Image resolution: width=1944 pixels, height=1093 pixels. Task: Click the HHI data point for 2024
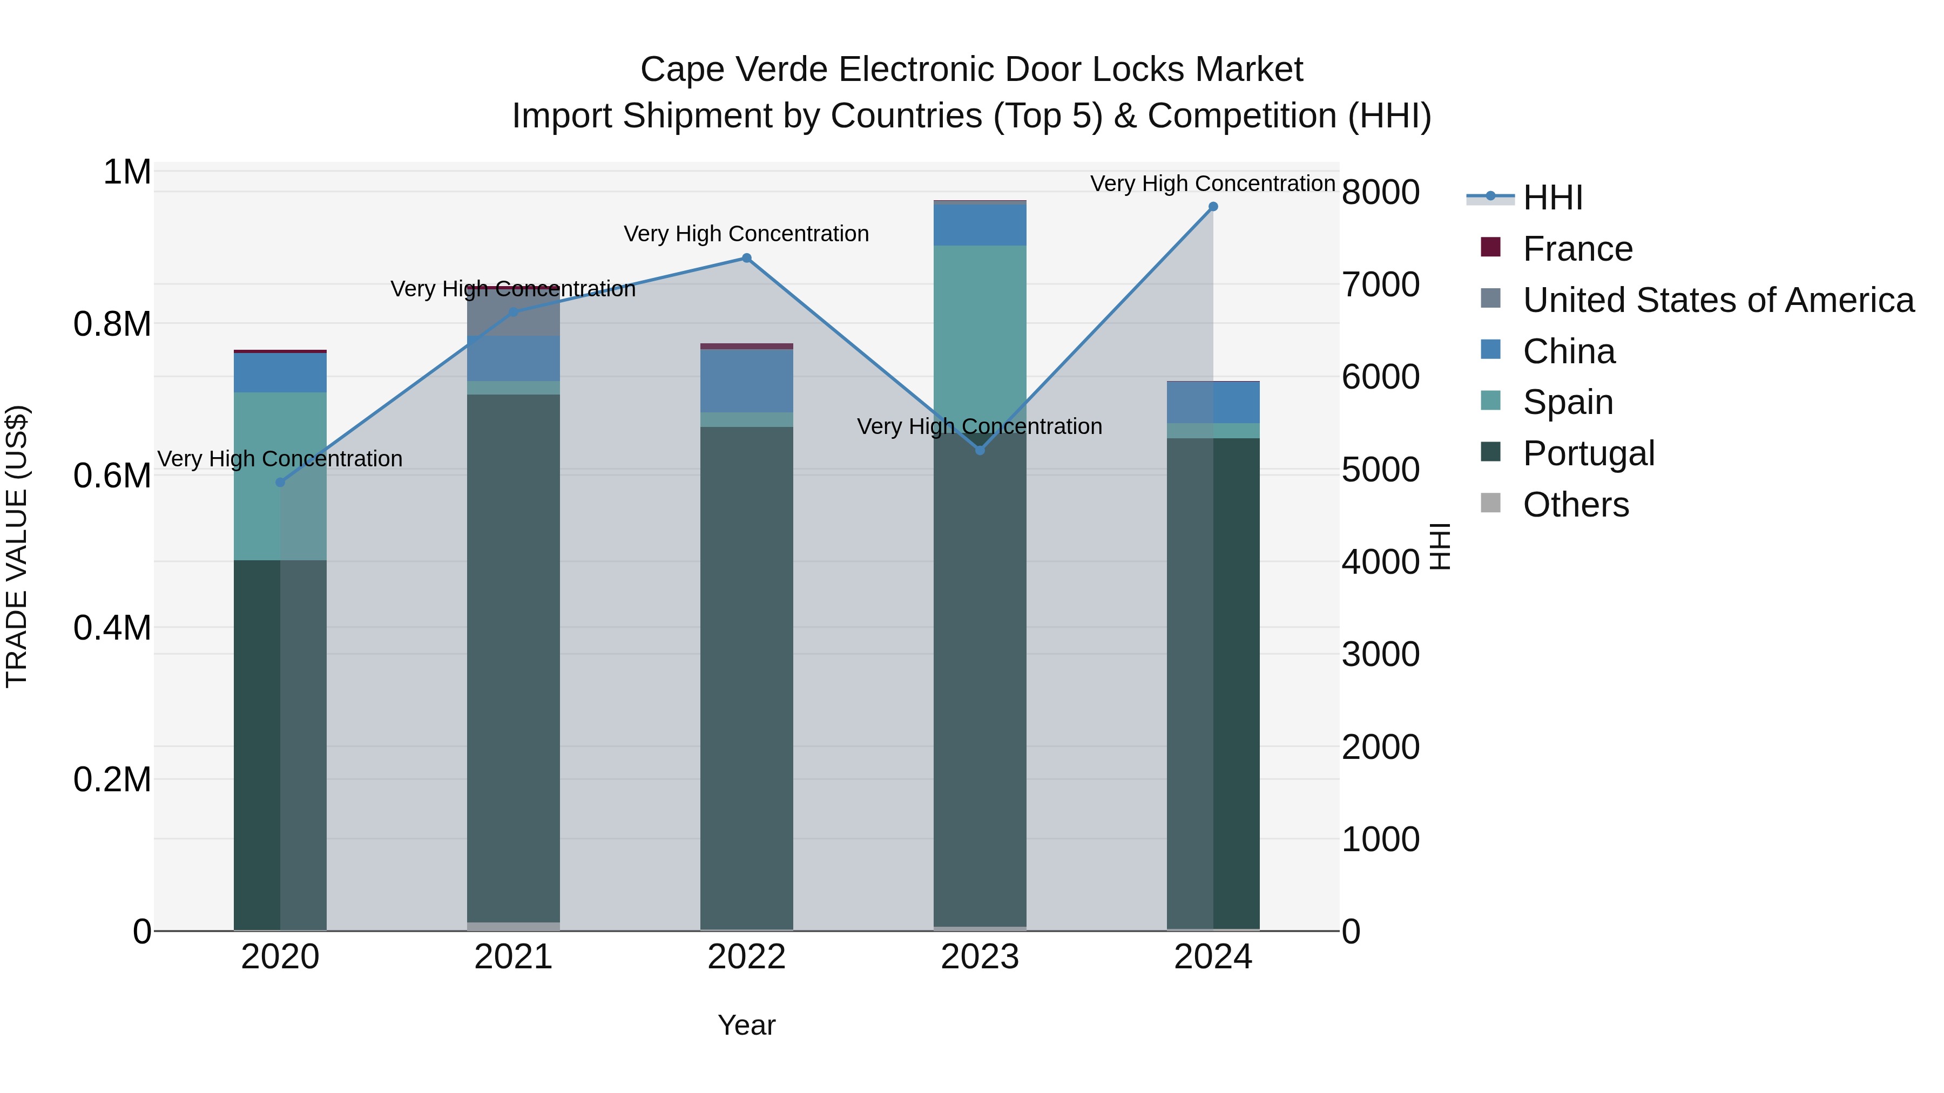pyautogui.click(x=1213, y=207)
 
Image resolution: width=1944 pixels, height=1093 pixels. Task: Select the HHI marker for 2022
pyautogui.click(x=746, y=258)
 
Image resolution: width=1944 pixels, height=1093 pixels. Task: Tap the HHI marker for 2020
pyautogui.click(x=280, y=482)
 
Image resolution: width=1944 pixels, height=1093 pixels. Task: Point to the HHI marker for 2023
pyautogui.click(x=980, y=450)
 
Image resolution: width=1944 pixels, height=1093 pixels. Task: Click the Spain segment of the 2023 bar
pyautogui.click(x=980, y=332)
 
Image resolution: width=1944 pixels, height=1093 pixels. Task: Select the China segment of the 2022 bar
pyautogui.click(x=746, y=381)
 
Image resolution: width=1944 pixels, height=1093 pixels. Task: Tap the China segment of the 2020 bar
pyautogui.click(x=280, y=372)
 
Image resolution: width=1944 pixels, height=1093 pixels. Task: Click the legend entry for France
pyautogui.click(x=1577, y=249)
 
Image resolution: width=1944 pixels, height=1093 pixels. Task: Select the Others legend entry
pyautogui.click(x=1576, y=505)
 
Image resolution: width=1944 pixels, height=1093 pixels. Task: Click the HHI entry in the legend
pyautogui.click(x=1552, y=198)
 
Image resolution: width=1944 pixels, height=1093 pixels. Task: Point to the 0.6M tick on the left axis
pyautogui.click(x=112, y=476)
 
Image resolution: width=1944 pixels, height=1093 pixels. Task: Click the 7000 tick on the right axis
pyautogui.click(x=1380, y=285)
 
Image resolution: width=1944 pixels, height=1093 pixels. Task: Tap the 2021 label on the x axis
pyautogui.click(x=513, y=957)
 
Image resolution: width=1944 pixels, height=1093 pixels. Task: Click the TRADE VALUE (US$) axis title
pyautogui.click(x=17, y=546)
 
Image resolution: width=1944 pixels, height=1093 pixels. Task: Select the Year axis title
pyautogui.click(x=746, y=1025)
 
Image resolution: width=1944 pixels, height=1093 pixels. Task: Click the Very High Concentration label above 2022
pyautogui.click(x=746, y=234)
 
